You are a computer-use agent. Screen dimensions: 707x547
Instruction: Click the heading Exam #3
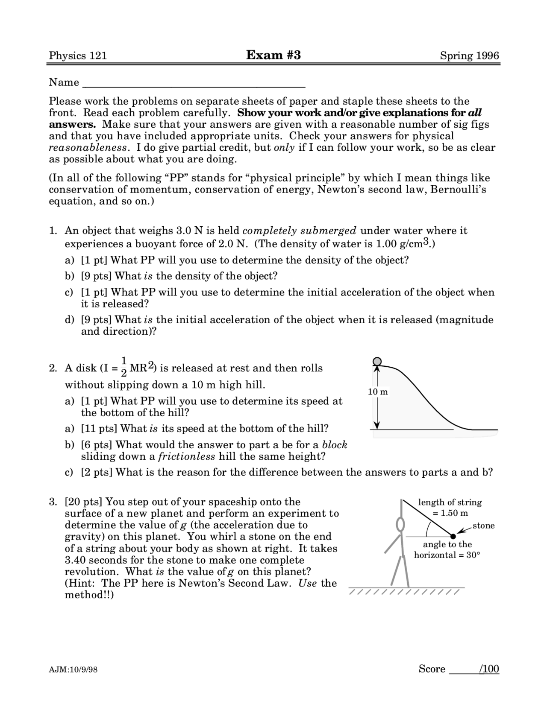[273, 55]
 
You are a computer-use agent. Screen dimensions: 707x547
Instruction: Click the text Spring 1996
[469, 56]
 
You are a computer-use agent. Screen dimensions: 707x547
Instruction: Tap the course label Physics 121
[78, 56]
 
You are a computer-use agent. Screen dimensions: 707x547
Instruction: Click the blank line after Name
[194, 83]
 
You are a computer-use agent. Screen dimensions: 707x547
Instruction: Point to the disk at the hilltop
[377, 362]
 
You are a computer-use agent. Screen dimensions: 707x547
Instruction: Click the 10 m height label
[378, 391]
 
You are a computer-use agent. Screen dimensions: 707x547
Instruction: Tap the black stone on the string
[453, 536]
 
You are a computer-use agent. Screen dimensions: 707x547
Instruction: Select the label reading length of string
[450, 502]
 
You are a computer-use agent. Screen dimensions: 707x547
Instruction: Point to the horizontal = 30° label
[447, 555]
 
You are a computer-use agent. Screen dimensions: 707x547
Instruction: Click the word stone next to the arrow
[484, 526]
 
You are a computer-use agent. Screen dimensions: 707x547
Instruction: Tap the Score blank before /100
[463, 669]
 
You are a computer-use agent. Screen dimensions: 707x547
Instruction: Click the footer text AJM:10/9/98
[74, 670]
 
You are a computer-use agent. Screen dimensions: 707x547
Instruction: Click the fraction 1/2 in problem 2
[124, 367]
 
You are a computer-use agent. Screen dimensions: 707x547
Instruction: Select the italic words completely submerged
[299, 231]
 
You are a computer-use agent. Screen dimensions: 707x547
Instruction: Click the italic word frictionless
[187, 457]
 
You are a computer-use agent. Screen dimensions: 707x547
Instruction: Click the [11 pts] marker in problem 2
[99, 429]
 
